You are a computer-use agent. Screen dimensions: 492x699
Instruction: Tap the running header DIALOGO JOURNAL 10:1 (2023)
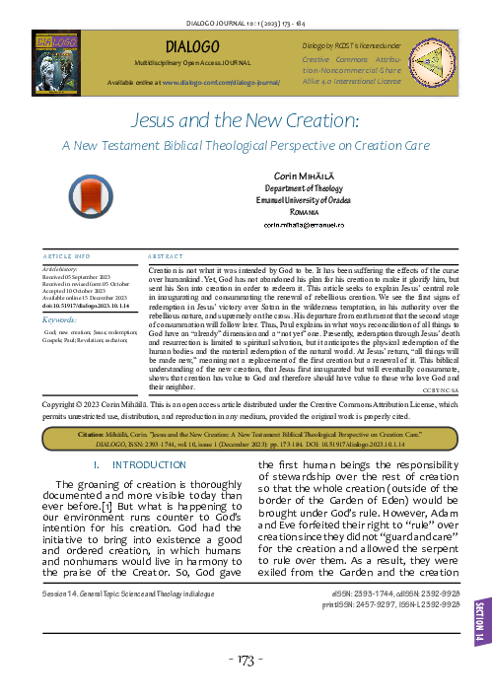[246, 18]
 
